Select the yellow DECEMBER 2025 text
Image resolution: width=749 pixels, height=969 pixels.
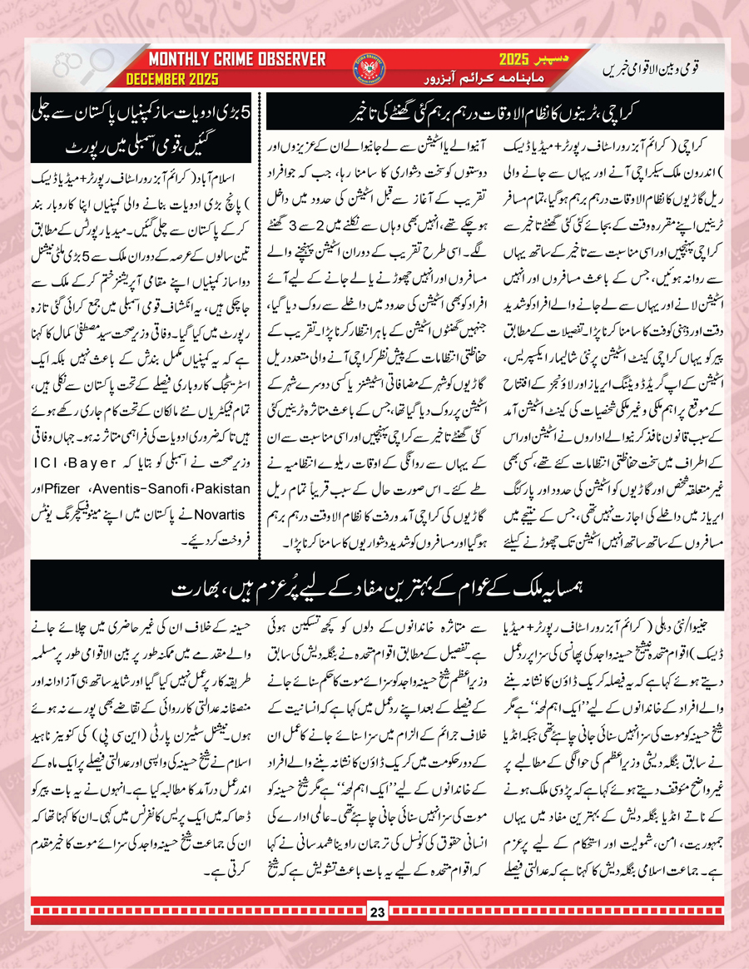(172, 79)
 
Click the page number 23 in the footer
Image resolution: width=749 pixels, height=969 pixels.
(374, 930)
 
